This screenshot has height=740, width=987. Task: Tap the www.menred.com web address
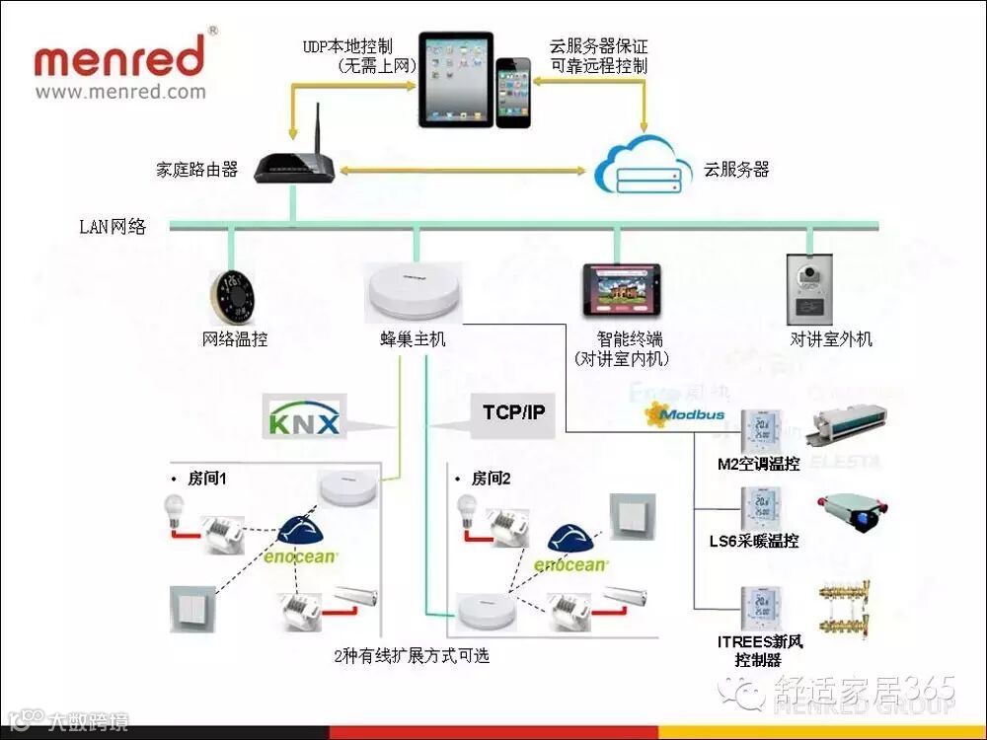120,92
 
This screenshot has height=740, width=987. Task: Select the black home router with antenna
293,165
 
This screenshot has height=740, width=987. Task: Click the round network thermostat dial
234,295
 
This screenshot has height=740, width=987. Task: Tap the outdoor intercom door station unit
811,290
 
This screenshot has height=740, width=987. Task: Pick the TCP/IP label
513,411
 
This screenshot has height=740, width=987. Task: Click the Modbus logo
685,414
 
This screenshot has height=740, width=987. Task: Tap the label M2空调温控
759,464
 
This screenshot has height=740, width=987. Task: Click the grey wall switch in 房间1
190,608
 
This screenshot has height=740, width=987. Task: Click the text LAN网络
113,226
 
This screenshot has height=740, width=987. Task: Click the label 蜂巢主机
413,339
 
